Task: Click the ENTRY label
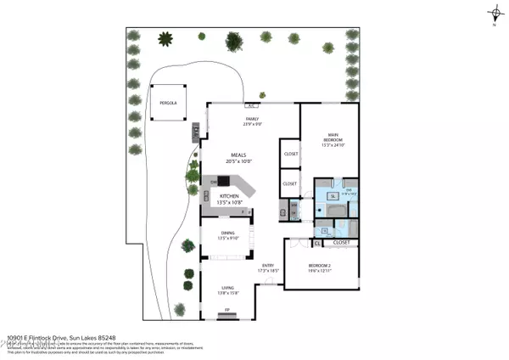pos(268,267)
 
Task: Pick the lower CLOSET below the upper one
pos(288,183)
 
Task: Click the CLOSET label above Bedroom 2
pos(342,242)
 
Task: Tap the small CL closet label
pos(316,243)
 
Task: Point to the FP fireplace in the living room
pos(227,315)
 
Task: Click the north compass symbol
pos(494,13)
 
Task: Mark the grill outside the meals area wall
pos(195,131)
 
